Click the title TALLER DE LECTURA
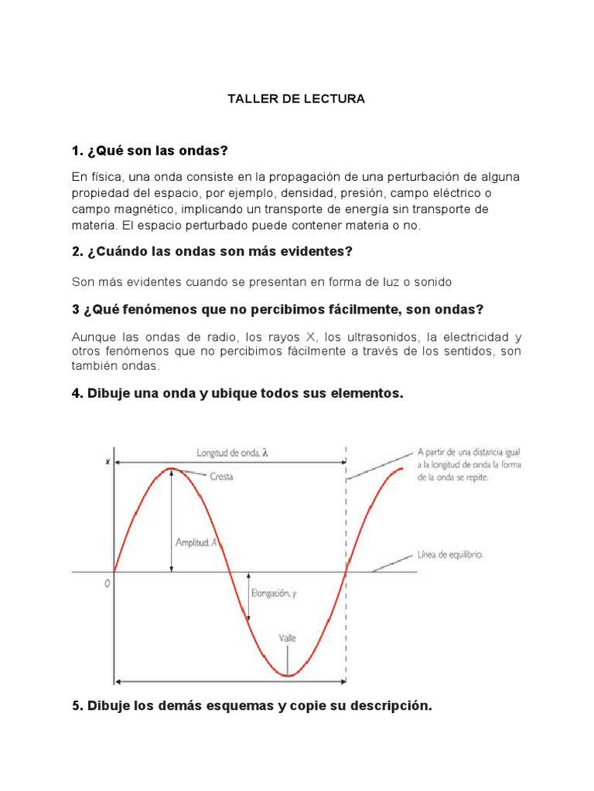295,100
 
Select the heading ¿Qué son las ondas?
151,149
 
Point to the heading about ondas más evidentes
212,251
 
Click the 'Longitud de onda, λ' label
230,453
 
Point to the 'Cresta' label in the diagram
221,477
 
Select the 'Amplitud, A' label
197,543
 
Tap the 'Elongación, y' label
274,593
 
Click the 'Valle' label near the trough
287,638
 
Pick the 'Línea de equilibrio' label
450,555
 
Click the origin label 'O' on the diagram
108,584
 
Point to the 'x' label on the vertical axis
107,462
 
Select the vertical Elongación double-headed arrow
249,597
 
